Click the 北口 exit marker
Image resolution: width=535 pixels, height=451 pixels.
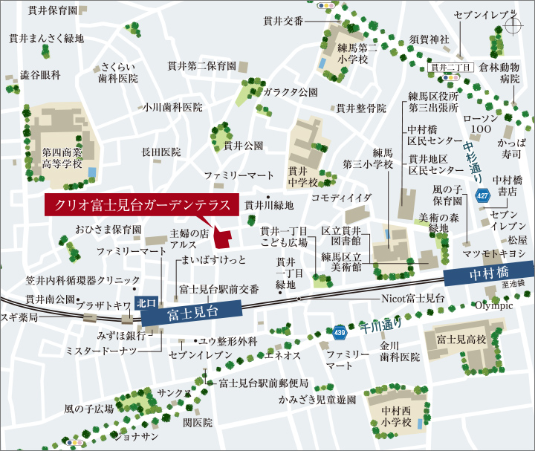click(145, 302)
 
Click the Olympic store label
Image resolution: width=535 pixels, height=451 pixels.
click(493, 305)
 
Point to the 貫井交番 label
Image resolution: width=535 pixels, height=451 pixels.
click(283, 21)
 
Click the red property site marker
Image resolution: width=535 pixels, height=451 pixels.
click(222, 236)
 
